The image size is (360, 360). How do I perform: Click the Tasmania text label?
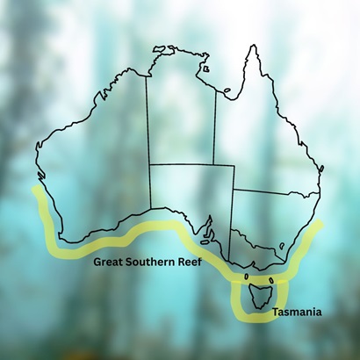298,312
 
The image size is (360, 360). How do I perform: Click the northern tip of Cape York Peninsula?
253,44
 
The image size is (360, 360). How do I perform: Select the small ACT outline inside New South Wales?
280,244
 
